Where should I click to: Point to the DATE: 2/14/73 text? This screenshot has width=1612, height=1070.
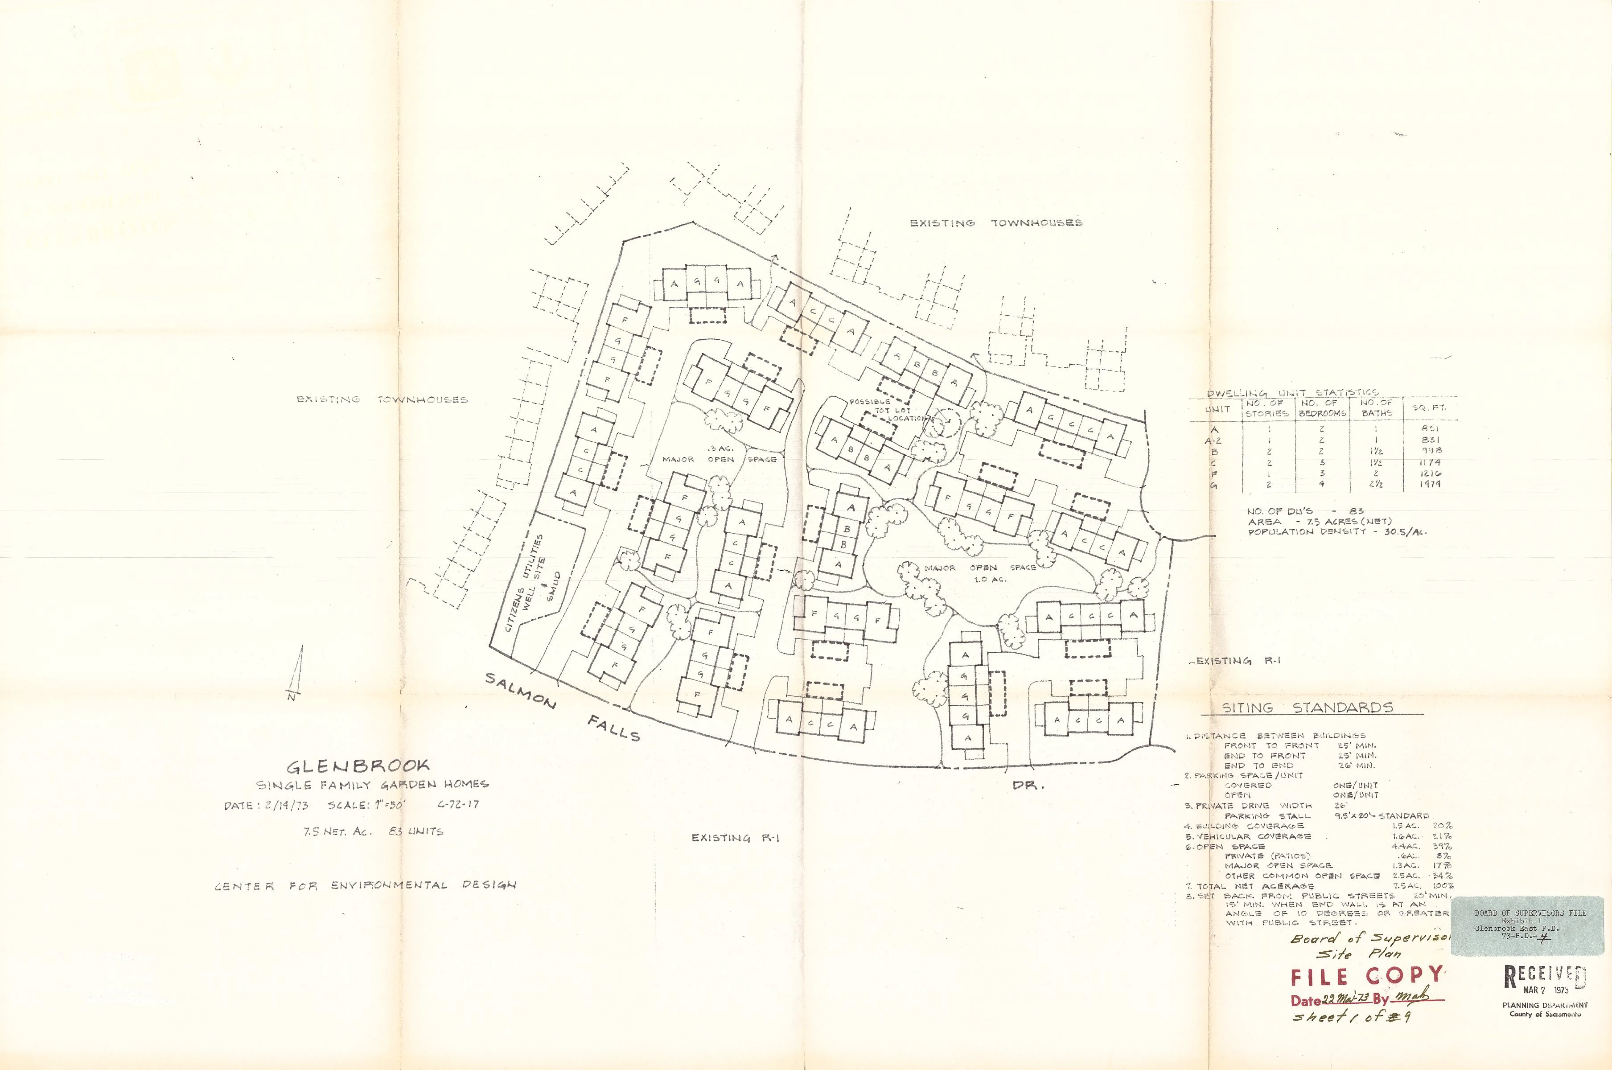point(267,805)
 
